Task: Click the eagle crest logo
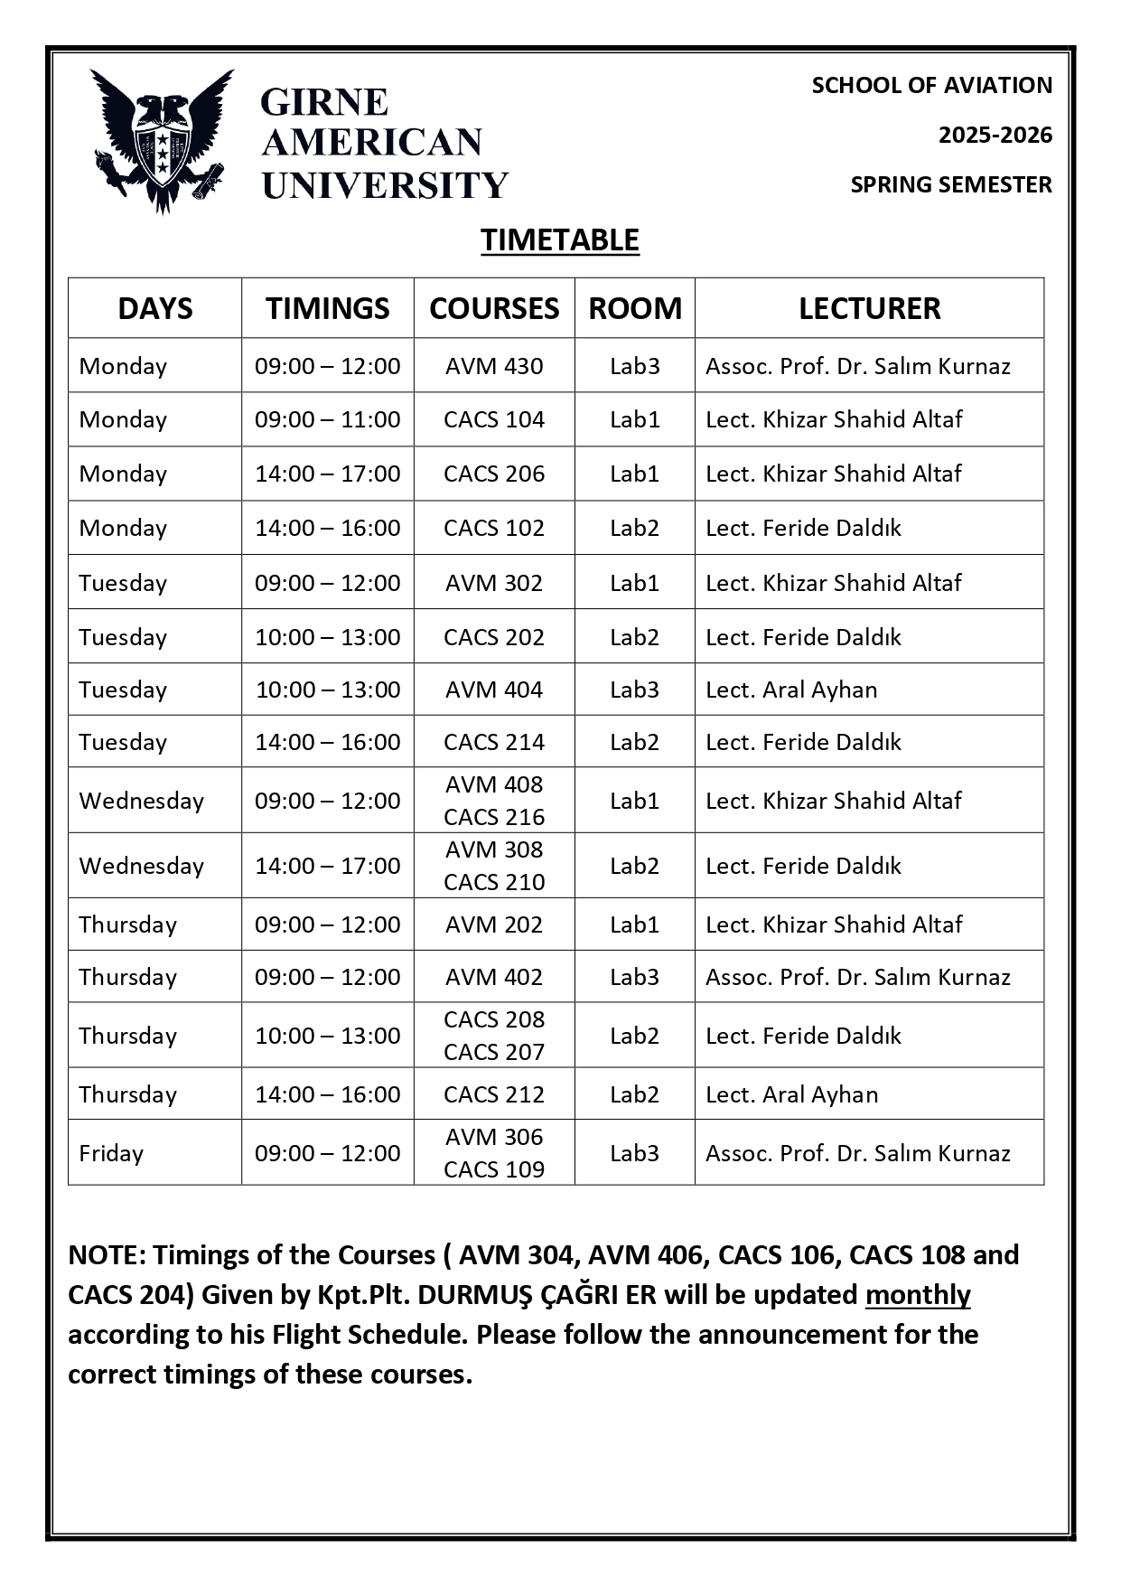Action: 162,140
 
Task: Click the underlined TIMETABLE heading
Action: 559,240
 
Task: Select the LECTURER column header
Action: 869,308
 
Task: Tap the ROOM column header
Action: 635,308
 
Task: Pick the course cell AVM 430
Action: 494,366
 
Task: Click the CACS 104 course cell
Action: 494,419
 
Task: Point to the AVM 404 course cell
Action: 494,690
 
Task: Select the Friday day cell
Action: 111,1153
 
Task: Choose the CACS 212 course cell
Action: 494,1094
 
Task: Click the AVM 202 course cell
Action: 494,924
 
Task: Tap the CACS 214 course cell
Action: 494,742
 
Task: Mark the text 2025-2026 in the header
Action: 995,136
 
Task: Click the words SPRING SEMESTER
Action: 950,184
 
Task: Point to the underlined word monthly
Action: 917,1295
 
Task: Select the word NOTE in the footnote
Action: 105,1255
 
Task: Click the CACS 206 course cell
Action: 494,474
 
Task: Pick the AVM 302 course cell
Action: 494,583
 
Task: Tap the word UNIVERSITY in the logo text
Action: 385,185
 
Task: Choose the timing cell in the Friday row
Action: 327,1153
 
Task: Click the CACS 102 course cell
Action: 494,528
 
